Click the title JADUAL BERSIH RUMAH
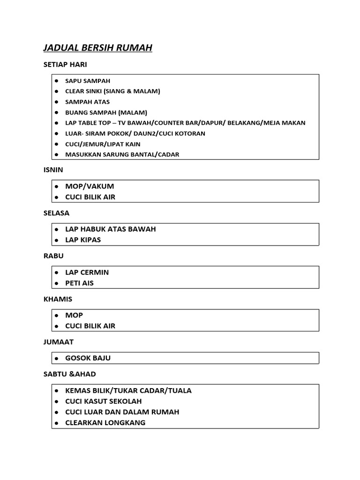[x=97, y=48]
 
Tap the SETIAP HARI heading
[x=65, y=65]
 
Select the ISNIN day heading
[x=53, y=170]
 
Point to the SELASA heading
[x=56, y=213]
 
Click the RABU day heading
[x=53, y=256]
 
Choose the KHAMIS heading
[x=58, y=299]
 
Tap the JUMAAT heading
[x=59, y=342]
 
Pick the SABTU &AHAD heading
[x=69, y=374]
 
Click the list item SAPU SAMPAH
[x=88, y=81]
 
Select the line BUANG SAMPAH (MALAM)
[x=106, y=112]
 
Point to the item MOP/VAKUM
[x=90, y=186]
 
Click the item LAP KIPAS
[x=83, y=240]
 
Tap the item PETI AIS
[x=79, y=283]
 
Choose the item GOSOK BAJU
[x=88, y=358]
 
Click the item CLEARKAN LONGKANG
[x=105, y=423]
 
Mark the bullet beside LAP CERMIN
[x=56, y=272]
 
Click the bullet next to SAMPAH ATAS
[x=56, y=102]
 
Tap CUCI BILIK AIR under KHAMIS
[x=90, y=326]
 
